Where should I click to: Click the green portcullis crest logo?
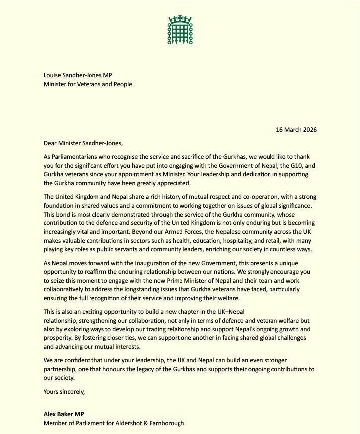180,29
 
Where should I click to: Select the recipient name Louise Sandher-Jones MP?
78,75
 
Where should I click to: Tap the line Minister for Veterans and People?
88,84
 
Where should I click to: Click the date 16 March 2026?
296,130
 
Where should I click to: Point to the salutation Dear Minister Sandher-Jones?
86,143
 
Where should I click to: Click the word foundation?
60,206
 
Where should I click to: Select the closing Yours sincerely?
64,391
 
